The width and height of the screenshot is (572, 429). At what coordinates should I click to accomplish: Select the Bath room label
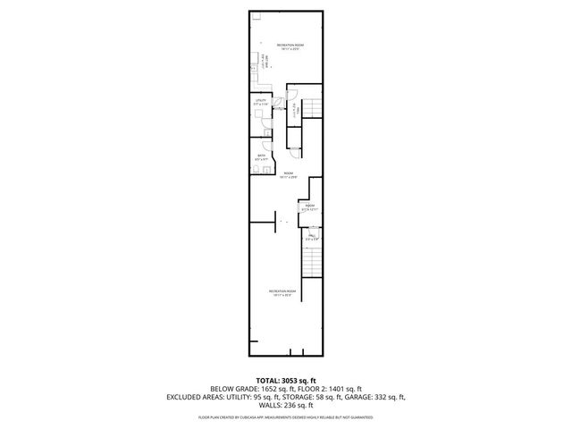(x=261, y=157)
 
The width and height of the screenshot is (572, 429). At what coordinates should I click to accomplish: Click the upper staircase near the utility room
(x=312, y=108)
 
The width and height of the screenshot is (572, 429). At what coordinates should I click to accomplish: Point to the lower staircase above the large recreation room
(x=310, y=262)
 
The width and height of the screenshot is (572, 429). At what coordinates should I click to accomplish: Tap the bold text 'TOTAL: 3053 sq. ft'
(x=286, y=381)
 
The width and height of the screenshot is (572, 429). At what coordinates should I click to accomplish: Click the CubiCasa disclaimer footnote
(x=286, y=416)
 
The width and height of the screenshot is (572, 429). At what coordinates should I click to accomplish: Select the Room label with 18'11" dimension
(x=286, y=175)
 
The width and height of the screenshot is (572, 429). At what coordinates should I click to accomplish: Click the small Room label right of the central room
(x=310, y=207)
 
